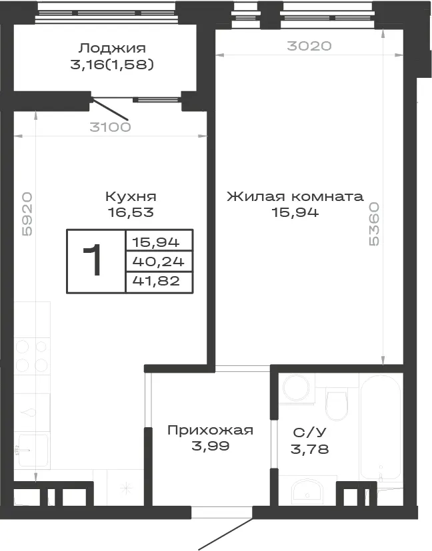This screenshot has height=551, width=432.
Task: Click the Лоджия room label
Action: (x=112, y=48)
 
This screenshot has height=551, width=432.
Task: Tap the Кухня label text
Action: (x=131, y=196)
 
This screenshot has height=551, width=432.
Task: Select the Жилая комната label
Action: (x=295, y=196)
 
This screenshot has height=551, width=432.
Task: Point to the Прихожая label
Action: (x=210, y=430)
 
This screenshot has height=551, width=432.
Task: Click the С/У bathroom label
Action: (x=310, y=433)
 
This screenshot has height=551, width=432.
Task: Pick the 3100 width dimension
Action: (x=110, y=127)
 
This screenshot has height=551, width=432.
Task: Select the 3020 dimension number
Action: (x=309, y=46)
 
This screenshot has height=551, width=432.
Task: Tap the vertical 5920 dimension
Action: (x=27, y=214)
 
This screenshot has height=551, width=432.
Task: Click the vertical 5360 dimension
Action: (x=373, y=224)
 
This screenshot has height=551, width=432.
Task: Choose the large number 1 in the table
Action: (x=93, y=260)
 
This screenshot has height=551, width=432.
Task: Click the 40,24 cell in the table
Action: (x=158, y=262)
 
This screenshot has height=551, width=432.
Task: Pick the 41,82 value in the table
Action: (x=156, y=281)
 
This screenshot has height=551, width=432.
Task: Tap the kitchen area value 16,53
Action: (x=131, y=212)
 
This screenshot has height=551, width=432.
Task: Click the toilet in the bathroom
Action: (x=337, y=404)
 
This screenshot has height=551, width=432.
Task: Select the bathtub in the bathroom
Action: (x=381, y=428)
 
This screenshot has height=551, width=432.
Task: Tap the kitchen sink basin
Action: (x=33, y=450)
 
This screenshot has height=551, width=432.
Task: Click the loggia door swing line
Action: (x=109, y=110)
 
